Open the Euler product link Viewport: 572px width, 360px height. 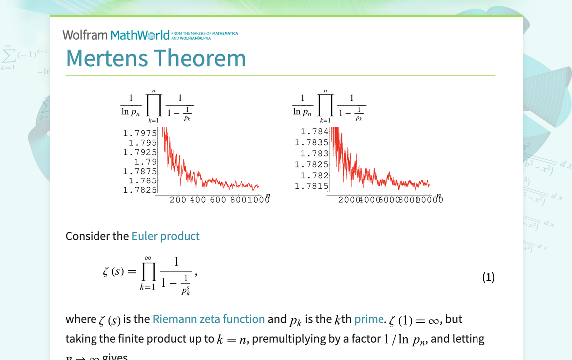tap(166, 236)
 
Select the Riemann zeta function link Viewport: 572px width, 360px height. tap(208, 319)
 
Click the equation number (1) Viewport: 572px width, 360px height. tap(488, 277)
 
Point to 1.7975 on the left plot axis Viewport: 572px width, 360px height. tap(140, 133)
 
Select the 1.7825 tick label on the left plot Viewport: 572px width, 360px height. tap(140, 190)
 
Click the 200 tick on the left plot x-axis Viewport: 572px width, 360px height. tap(178, 200)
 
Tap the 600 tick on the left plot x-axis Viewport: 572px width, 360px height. tap(218, 200)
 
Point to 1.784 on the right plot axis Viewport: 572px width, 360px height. tap(314, 131)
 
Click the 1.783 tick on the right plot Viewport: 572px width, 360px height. tap(314, 153)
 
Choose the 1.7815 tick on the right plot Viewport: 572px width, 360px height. tap(312, 186)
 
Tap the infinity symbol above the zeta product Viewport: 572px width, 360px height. tap(148, 258)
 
